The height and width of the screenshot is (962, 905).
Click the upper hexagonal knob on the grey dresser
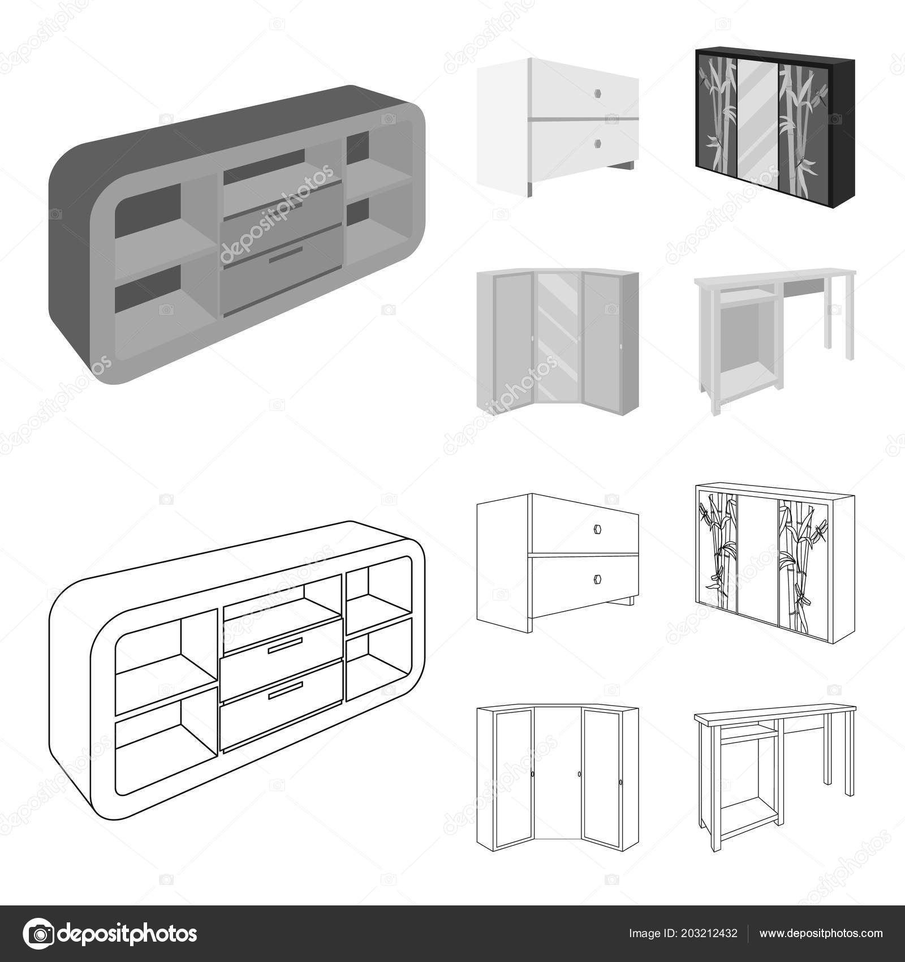(x=597, y=92)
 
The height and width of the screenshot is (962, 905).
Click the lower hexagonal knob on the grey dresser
(x=597, y=143)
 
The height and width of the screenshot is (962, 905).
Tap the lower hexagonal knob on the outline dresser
(x=597, y=578)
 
